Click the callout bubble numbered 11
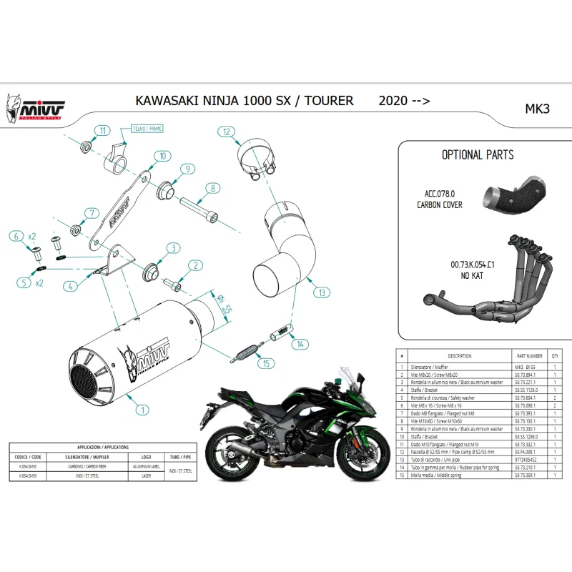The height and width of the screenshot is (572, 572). (103, 130)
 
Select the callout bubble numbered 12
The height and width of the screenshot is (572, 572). (226, 132)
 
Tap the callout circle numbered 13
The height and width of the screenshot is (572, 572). (322, 292)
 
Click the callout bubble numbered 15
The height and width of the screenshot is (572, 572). (267, 363)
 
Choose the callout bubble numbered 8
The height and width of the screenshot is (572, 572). (212, 189)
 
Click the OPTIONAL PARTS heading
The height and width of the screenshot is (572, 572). (477, 154)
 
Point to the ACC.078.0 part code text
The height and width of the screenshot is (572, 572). (439, 194)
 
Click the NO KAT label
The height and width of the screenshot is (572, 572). (470, 275)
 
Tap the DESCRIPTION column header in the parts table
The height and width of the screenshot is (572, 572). (459, 355)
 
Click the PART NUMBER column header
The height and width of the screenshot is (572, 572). (530, 355)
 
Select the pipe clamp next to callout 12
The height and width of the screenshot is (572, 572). (256, 157)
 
